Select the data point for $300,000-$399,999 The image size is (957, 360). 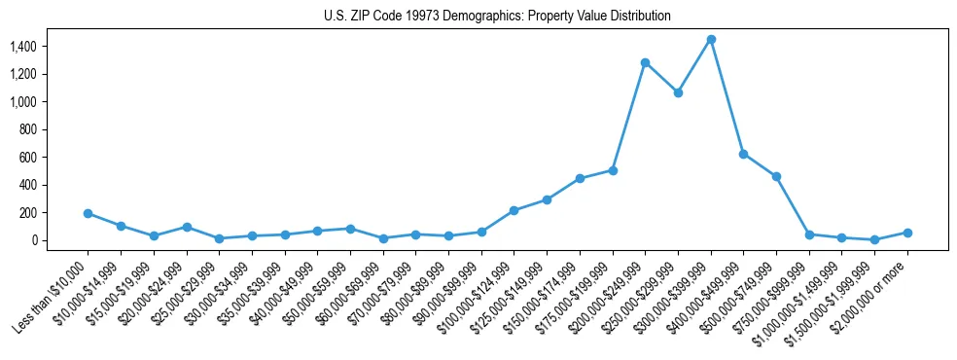point(711,39)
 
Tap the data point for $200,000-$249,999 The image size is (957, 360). point(645,62)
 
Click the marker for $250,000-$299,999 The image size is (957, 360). point(678,92)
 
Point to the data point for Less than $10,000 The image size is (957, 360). point(88,213)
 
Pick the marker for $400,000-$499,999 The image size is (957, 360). point(743,154)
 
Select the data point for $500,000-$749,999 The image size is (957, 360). point(776,176)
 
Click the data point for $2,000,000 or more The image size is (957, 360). point(907,233)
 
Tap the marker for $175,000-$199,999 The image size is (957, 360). point(613,170)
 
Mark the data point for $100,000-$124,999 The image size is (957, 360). point(514,210)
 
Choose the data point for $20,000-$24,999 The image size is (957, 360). point(186,227)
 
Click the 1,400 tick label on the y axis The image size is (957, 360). point(51,47)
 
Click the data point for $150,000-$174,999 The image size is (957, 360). point(580,178)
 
